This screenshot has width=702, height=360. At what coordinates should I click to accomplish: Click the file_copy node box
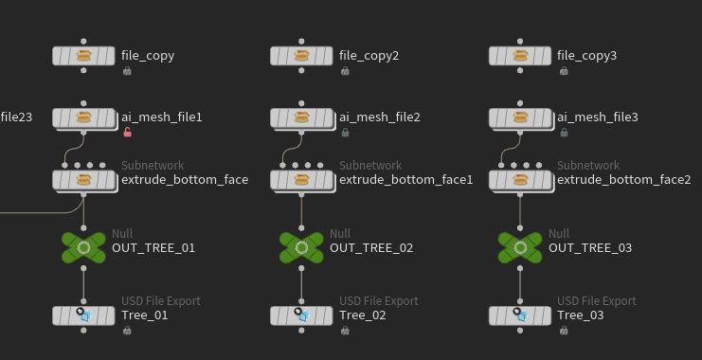(x=83, y=56)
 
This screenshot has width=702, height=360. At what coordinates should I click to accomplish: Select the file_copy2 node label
(x=369, y=56)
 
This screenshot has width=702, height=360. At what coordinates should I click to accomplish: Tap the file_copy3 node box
(x=520, y=56)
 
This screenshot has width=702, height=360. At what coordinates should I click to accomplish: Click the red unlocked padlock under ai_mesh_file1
(x=128, y=132)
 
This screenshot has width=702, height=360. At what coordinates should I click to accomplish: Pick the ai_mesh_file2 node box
(x=302, y=118)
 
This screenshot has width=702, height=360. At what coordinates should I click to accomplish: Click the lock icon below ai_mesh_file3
(x=564, y=133)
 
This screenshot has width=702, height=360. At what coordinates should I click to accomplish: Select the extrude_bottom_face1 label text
(x=406, y=180)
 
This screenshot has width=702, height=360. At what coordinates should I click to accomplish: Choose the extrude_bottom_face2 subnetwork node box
(x=521, y=181)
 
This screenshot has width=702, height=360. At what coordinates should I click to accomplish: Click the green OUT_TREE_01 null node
(x=83, y=247)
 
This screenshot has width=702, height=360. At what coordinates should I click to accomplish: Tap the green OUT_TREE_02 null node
(x=301, y=247)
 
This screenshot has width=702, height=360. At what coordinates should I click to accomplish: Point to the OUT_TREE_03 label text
(x=590, y=248)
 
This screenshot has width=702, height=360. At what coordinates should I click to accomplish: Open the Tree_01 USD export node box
(x=83, y=315)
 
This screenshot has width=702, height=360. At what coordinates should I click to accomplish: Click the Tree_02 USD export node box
(x=301, y=315)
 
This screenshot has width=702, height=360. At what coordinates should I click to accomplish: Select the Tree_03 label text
(x=580, y=315)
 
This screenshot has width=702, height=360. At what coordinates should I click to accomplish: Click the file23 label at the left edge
(x=16, y=117)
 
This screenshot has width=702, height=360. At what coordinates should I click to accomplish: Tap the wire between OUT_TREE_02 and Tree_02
(x=301, y=285)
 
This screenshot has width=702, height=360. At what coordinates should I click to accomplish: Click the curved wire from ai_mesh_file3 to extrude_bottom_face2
(x=511, y=149)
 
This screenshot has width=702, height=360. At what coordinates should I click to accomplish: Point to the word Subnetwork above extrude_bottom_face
(x=153, y=165)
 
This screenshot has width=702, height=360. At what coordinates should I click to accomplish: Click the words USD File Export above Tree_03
(x=596, y=301)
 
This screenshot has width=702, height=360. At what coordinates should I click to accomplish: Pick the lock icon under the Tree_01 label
(x=127, y=331)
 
